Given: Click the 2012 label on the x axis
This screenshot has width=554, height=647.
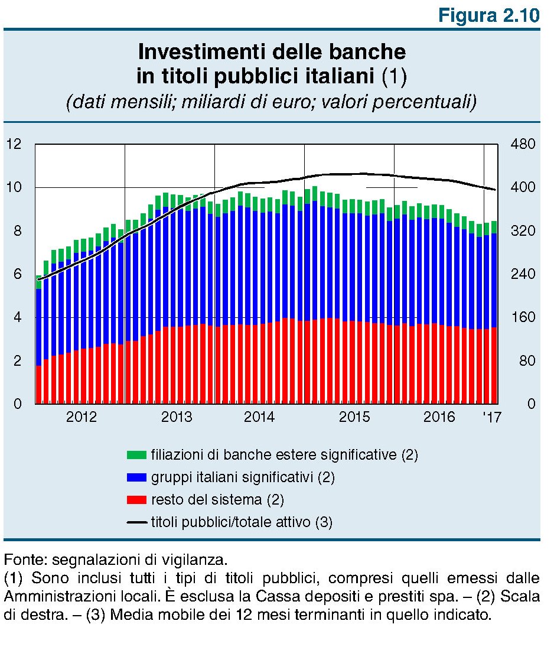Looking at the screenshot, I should coord(81,417).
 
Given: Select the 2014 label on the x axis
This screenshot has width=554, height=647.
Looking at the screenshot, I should coord(259,417).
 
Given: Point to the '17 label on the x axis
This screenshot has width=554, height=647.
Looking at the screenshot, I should coord(491,417).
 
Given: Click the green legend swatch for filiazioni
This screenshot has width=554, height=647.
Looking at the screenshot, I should coord(136,455).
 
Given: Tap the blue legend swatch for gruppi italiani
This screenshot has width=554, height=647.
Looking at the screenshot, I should coord(136,477).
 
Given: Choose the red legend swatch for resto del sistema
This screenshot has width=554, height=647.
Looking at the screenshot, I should coord(136,500).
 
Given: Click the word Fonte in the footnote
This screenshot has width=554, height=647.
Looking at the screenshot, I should coord(19,559).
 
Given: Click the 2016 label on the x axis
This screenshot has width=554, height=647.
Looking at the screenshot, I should coord(439,417).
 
